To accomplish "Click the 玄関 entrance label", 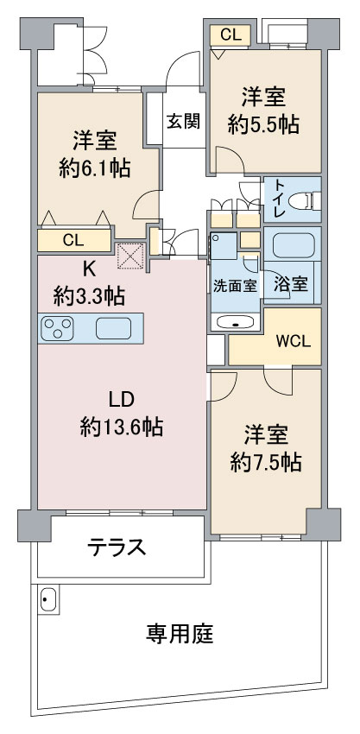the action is pyautogui.click(x=184, y=121).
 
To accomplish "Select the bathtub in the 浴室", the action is pyautogui.click(x=293, y=245).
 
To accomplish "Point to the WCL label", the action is pyautogui.click(x=294, y=342).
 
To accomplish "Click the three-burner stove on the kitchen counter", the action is pyautogui.click(x=58, y=328).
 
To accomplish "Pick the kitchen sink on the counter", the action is pyautogui.click(x=113, y=328).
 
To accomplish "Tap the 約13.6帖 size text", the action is pyautogui.click(x=122, y=427).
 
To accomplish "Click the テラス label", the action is pyautogui.click(x=117, y=547).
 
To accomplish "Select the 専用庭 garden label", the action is pyautogui.click(x=180, y=635).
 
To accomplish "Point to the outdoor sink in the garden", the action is pyautogui.click(x=48, y=599).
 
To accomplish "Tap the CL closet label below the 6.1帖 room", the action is pyautogui.click(x=73, y=241).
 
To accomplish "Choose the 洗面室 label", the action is pyautogui.click(x=236, y=286).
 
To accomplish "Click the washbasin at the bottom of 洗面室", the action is pyautogui.click(x=235, y=323).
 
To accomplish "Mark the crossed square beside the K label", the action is pyautogui.click(x=129, y=256).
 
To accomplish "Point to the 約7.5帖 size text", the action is pyautogui.click(x=265, y=463).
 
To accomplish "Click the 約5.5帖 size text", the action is pyautogui.click(x=263, y=125).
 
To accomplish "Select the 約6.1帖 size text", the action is pyautogui.click(x=94, y=168).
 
